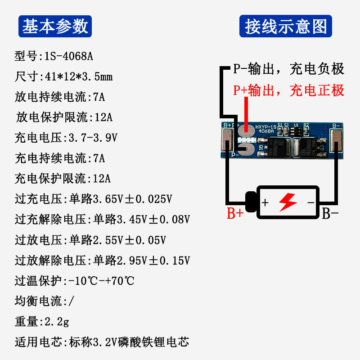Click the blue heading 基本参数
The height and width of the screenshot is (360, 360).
[55, 26]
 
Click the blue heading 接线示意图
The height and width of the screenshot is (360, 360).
[286, 26]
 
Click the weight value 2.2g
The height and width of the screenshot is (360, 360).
[55, 322]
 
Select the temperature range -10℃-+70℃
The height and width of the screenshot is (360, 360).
[101, 282]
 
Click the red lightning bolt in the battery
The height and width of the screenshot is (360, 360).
[287, 202]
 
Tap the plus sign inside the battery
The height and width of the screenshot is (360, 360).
[265, 202]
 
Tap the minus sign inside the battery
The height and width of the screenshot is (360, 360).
[310, 202]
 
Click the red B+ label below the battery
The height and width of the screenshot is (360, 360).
[235, 214]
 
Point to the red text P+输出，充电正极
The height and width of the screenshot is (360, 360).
[288, 90]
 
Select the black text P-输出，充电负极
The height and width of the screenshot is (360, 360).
[288, 69]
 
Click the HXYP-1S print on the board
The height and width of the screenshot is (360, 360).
[265, 127]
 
